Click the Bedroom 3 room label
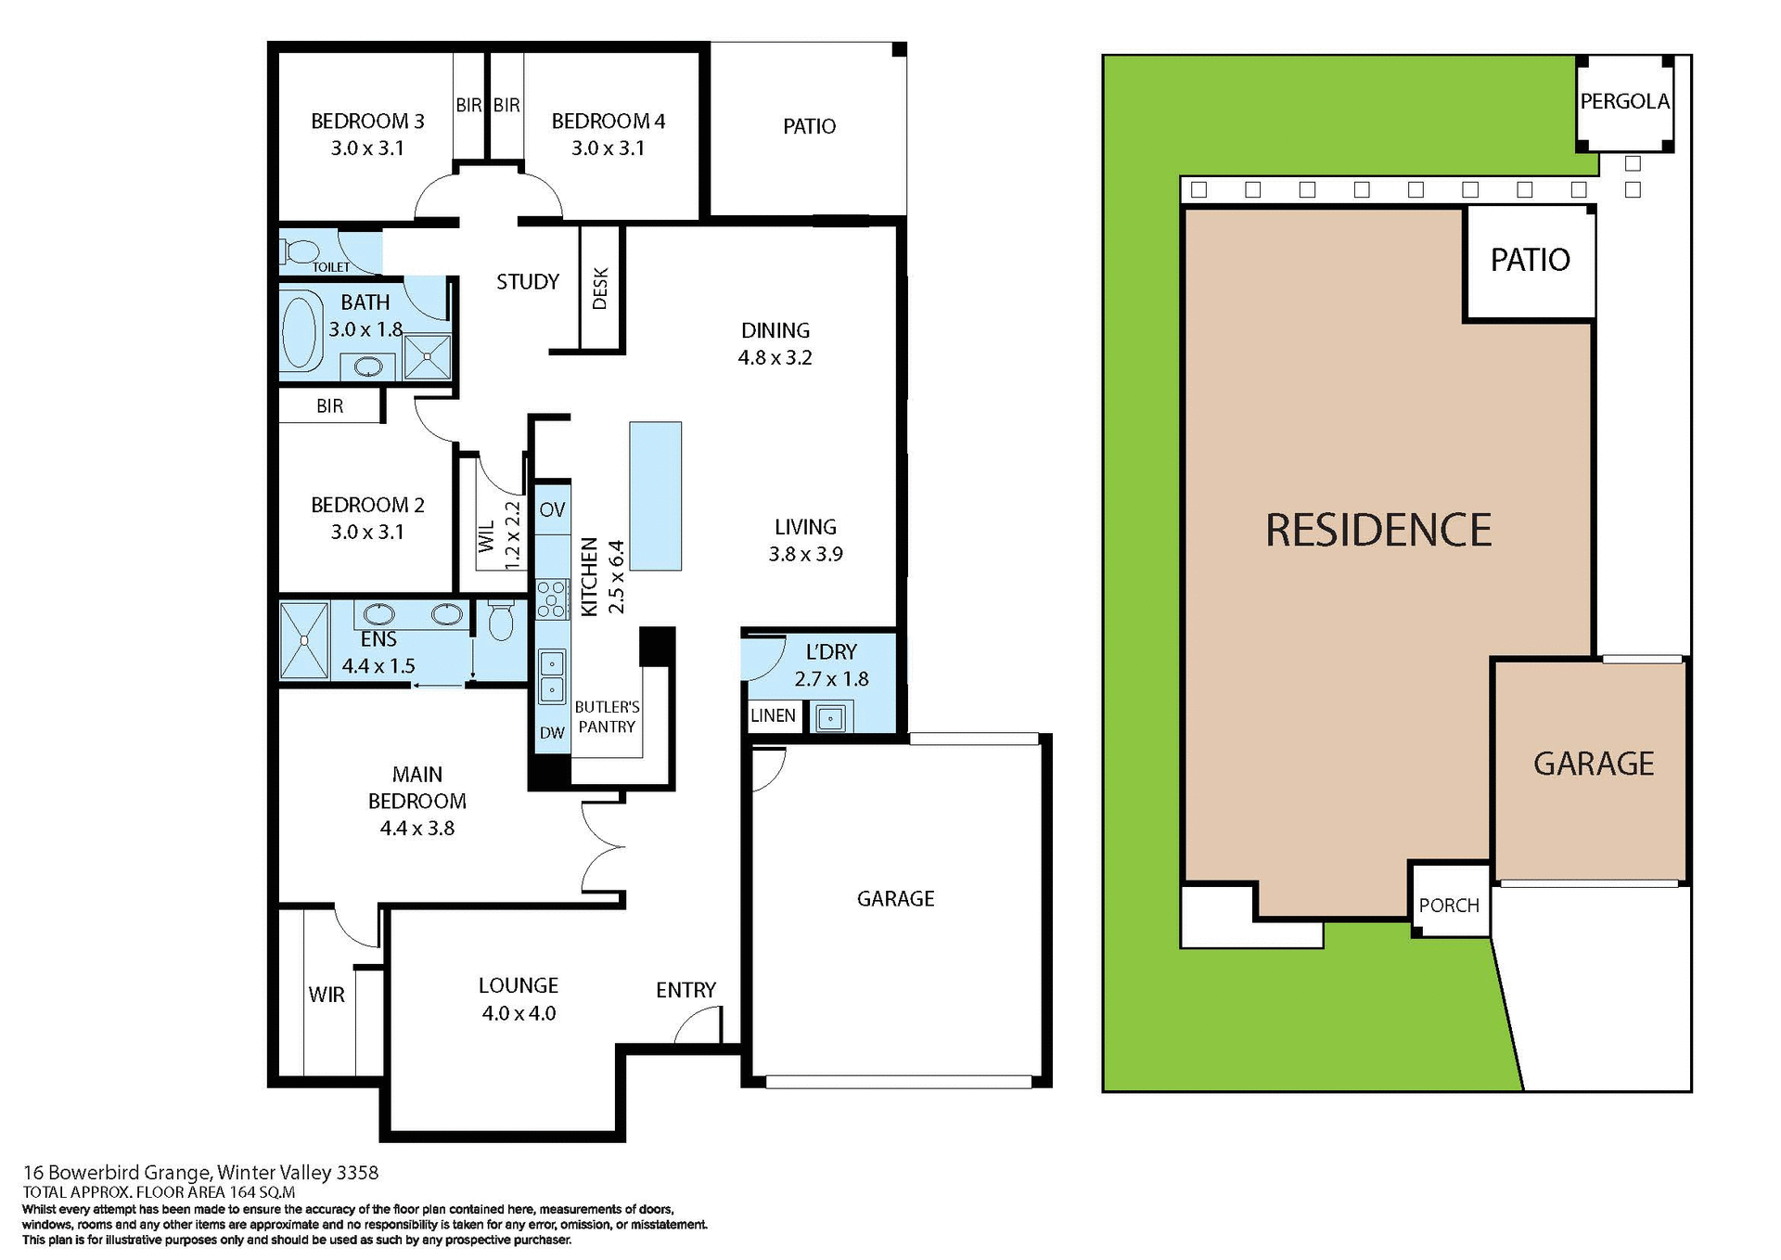(367, 122)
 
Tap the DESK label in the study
(600, 289)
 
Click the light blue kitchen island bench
(655, 496)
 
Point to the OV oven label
(552, 509)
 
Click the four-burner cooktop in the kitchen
(552, 598)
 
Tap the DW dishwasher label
(552, 733)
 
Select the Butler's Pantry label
(607, 717)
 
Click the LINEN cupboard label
(773, 715)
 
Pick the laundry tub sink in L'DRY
(830, 717)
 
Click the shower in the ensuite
(304, 640)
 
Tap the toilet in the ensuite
(501, 622)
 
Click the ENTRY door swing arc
(696, 1025)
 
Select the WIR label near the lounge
(327, 995)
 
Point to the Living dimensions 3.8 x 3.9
(805, 554)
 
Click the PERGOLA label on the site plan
(1624, 101)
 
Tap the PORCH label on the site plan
(1449, 906)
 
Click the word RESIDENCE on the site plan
(1378, 531)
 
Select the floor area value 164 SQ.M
(263, 1192)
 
